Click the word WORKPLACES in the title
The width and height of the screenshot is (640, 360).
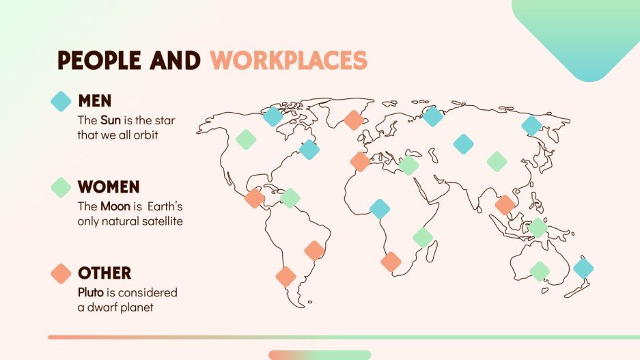tap(288, 61)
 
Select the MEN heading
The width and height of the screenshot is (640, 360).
tap(95, 101)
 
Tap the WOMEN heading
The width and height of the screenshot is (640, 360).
tap(109, 186)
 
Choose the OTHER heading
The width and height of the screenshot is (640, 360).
tap(105, 273)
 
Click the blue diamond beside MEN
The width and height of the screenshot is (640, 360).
tap(61, 101)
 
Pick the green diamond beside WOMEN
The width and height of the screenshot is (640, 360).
tap(61, 187)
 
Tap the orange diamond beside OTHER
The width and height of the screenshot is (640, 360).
tap(61, 274)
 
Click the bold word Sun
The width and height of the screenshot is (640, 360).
tap(111, 120)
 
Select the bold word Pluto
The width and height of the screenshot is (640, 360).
tap(91, 292)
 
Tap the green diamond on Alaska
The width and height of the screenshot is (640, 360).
tap(246, 139)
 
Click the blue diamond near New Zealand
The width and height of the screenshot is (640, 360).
tap(583, 268)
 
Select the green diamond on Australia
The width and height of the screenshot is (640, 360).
tap(540, 271)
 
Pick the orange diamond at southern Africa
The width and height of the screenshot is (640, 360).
tap(391, 262)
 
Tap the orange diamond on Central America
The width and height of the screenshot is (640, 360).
tap(255, 198)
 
